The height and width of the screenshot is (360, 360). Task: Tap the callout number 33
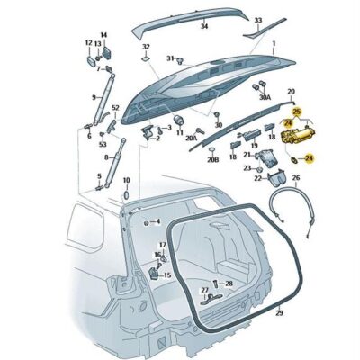click(258, 20)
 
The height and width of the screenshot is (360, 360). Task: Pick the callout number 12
click(88, 42)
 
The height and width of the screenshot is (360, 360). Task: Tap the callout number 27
click(205, 290)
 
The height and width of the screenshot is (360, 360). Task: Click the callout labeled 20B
click(212, 160)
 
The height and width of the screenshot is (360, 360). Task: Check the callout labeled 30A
click(265, 96)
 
